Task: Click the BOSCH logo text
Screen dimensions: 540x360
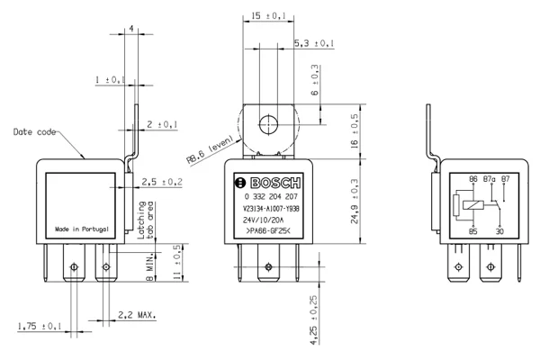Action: click(275, 183)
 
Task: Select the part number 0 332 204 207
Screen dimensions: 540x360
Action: click(271, 197)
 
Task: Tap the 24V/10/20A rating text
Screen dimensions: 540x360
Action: click(263, 220)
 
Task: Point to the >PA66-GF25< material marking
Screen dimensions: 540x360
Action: click(268, 231)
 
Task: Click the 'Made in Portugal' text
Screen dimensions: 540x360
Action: click(82, 229)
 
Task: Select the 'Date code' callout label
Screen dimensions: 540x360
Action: click(34, 132)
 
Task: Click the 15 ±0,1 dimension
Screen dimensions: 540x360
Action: click(268, 16)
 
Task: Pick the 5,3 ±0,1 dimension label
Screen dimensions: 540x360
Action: click(314, 43)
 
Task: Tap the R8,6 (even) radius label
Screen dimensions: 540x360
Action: click(210, 149)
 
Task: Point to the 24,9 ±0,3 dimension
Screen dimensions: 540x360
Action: click(355, 202)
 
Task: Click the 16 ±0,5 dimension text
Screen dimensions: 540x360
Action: click(355, 131)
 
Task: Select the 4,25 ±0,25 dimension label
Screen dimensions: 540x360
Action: click(314, 320)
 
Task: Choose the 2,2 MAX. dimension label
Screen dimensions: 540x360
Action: click(137, 315)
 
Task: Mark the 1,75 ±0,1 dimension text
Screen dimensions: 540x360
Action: click(40, 326)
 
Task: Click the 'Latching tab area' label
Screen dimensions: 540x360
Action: click(145, 220)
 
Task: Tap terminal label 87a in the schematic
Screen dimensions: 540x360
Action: click(490, 179)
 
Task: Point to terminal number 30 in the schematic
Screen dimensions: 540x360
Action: click(499, 231)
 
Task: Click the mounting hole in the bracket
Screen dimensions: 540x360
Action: click(268, 124)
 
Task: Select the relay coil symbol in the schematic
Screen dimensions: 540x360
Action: click(473, 205)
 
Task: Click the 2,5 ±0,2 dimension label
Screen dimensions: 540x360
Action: click(162, 182)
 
